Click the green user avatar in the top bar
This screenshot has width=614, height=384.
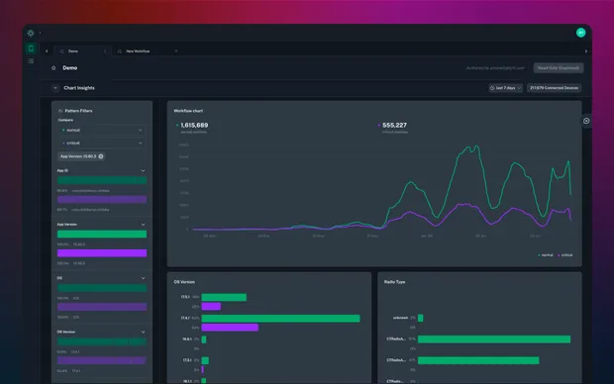coord(581,33)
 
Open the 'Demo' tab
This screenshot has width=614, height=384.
coord(73,50)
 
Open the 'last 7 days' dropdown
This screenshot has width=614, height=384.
coord(506,88)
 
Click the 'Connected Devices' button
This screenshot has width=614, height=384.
coord(555,88)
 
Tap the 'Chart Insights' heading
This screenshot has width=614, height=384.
coord(79,88)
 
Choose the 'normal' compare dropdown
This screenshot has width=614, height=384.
coord(102,130)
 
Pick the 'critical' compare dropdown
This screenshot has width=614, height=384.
coord(102,143)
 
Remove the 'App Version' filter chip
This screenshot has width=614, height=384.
coord(100,156)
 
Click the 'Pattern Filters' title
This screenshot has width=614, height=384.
coord(85,111)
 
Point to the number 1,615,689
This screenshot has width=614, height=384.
coord(194,126)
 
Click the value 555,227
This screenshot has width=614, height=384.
coord(394,126)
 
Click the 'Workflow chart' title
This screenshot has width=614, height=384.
coord(188,110)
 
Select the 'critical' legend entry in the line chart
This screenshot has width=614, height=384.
coord(564,254)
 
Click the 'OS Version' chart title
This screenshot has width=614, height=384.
coord(184,282)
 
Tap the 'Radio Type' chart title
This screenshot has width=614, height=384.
coord(394,282)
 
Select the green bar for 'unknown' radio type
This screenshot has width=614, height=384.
coord(421,318)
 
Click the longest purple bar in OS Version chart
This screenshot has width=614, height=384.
coord(230,327)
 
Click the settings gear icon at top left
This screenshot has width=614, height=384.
coord(31,33)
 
